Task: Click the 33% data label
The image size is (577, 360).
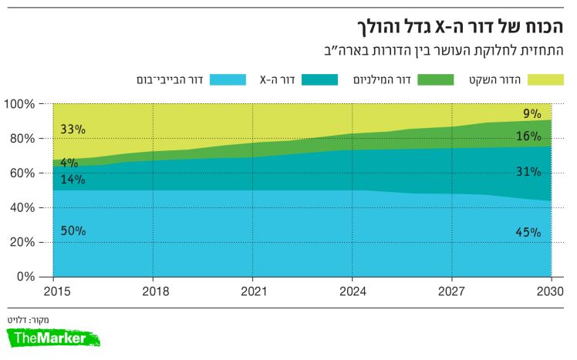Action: [73, 129]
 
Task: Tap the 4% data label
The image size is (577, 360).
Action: [69, 163]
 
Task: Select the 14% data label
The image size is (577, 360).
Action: [73, 180]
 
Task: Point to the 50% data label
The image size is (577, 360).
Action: [73, 230]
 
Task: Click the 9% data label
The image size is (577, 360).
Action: [531, 114]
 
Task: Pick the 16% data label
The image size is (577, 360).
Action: [528, 136]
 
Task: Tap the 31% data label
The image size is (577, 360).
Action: [528, 172]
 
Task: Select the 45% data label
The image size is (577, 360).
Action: [528, 232]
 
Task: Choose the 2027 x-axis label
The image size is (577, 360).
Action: [452, 291]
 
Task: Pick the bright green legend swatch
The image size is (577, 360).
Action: [438, 79]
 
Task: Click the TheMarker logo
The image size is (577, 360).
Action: [54, 338]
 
